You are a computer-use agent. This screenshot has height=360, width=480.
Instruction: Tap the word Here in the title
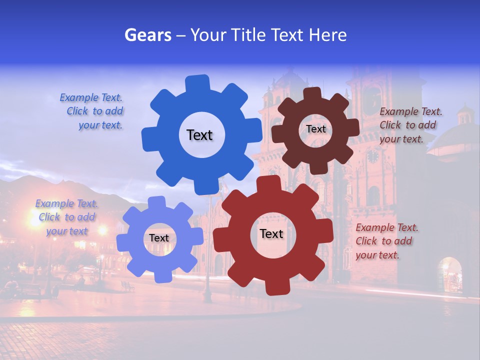pos(327,35)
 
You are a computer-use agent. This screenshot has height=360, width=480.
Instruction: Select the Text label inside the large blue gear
pos(199,135)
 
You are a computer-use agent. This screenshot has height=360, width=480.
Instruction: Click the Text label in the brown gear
pos(315,129)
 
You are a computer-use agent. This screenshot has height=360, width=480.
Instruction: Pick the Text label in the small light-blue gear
pos(159,238)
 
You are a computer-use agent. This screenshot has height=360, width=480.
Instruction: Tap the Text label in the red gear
pos(271,233)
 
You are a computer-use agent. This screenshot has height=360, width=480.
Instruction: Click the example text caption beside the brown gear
pos(410,125)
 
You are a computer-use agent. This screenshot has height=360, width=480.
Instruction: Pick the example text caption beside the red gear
pos(386,241)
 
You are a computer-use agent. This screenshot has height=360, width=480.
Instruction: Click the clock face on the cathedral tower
pos(372,156)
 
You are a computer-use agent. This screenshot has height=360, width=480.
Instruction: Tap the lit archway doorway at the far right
pos(450,274)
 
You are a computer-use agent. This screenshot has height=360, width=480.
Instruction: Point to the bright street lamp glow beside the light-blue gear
pos(102,230)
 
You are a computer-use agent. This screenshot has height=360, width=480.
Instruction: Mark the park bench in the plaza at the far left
pos(30,290)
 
